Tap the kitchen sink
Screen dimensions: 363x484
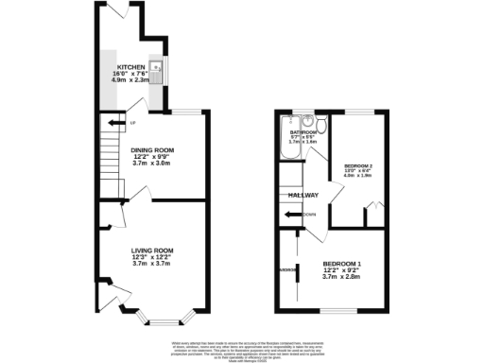(x=162, y=69)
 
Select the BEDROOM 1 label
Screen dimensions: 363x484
(x=342, y=263)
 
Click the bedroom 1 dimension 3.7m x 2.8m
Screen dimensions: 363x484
(x=342, y=277)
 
